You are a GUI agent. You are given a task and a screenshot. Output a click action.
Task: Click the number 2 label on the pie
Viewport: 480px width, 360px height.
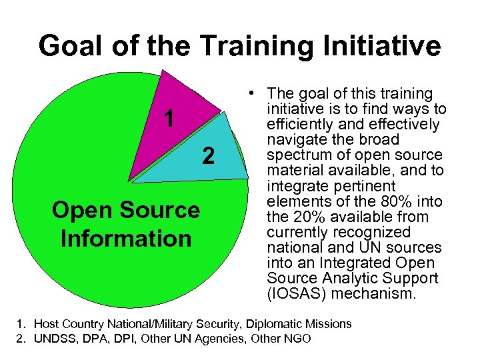click(x=209, y=157)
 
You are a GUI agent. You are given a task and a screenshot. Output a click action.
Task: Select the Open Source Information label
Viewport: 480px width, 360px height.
click(x=126, y=224)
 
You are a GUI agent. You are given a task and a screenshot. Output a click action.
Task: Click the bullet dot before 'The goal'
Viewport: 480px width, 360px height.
click(x=247, y=94)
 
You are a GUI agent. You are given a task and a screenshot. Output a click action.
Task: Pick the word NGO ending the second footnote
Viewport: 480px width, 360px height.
click(x=297, y=339)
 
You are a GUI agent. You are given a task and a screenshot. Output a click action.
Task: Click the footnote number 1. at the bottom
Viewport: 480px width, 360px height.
click(x=19, y=324)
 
